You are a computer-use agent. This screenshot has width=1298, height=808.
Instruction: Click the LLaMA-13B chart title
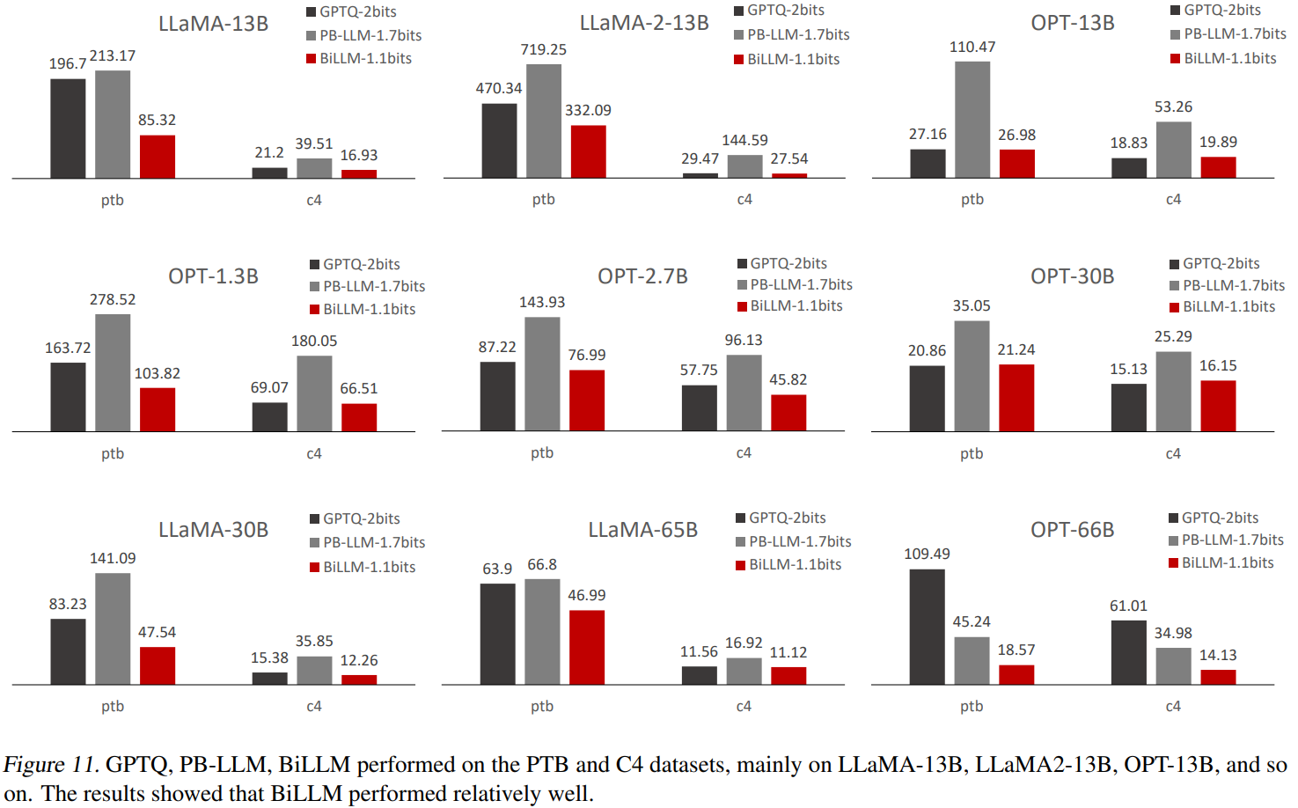(213, 24)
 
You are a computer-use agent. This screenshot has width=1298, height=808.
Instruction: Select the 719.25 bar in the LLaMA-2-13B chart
(543, 121)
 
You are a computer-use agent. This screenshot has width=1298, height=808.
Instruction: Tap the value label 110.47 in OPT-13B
(972, 47)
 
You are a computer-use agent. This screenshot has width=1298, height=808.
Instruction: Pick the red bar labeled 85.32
(157, 157)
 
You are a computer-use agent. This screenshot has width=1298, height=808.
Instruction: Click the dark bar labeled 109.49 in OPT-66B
(927, 627)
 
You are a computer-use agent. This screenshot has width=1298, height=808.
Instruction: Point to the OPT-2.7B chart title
(642, 276)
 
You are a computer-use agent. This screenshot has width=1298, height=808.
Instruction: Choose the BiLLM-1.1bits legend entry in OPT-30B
(1228, 306)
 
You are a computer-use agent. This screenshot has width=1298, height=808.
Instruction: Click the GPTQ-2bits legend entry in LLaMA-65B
(787, 518)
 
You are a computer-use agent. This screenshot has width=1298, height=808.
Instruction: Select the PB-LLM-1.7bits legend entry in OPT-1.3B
(373, 286)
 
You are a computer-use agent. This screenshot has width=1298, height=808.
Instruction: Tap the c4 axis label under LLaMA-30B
(314, 706)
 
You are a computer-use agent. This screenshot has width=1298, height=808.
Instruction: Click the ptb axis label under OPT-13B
(972, 200)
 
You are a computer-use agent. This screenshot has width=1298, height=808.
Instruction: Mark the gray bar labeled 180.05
(314, 393)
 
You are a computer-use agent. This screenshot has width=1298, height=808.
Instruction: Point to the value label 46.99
(586, 595)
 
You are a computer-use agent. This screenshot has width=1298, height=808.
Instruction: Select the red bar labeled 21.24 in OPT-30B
(1016, 398)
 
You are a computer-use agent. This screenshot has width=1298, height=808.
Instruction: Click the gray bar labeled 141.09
(113, 628)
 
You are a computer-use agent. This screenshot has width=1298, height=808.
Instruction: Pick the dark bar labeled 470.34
(499, 141)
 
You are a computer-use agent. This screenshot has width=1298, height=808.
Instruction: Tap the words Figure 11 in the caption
(49, 764)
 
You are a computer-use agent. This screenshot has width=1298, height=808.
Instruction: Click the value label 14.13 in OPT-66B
(1218, 655)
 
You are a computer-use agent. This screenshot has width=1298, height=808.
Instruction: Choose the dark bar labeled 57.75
(699, 408)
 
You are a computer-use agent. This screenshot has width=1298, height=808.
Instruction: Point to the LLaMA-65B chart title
(642, 530)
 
